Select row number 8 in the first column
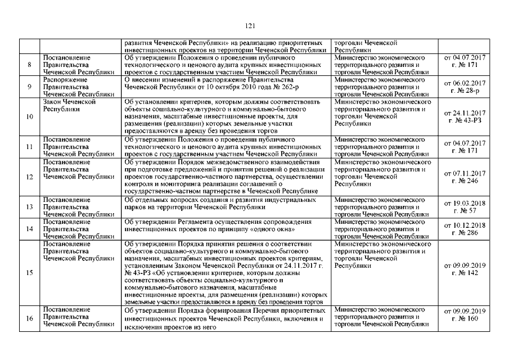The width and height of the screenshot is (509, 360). pos(29,65)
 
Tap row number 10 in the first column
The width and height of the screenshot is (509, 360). pos(29,117)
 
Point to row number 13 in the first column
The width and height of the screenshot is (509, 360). pos(29,206)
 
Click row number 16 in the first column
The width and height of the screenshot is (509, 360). pos(29,318)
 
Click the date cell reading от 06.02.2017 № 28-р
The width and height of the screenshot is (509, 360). pos(465,87)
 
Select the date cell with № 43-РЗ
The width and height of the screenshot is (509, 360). pos(465,117)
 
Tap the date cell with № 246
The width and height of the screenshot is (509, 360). pos(465,177)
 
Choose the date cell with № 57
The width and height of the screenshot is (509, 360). pos(465,206)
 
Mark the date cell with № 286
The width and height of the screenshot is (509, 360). pos(465,228)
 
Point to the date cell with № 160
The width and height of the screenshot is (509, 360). pos(465,314)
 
